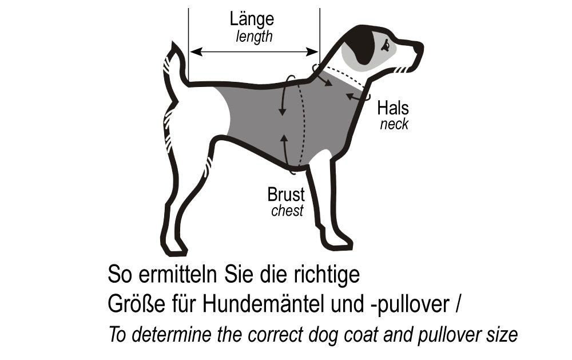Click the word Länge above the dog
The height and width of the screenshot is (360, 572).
click(252, 19)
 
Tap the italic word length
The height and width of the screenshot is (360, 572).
click(254, 37)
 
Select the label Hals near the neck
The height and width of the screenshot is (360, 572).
click(393, 108)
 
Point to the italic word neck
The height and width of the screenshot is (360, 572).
click(394, 124)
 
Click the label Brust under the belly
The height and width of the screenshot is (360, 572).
click(285, 195)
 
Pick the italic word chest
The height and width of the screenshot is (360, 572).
click(287, 211)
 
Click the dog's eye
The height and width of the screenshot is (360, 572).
click(386, 45)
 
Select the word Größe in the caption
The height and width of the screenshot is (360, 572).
click(136, 304)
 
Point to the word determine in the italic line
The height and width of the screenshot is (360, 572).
click(171, 334)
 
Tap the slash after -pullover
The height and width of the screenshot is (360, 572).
click(458, 304)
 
